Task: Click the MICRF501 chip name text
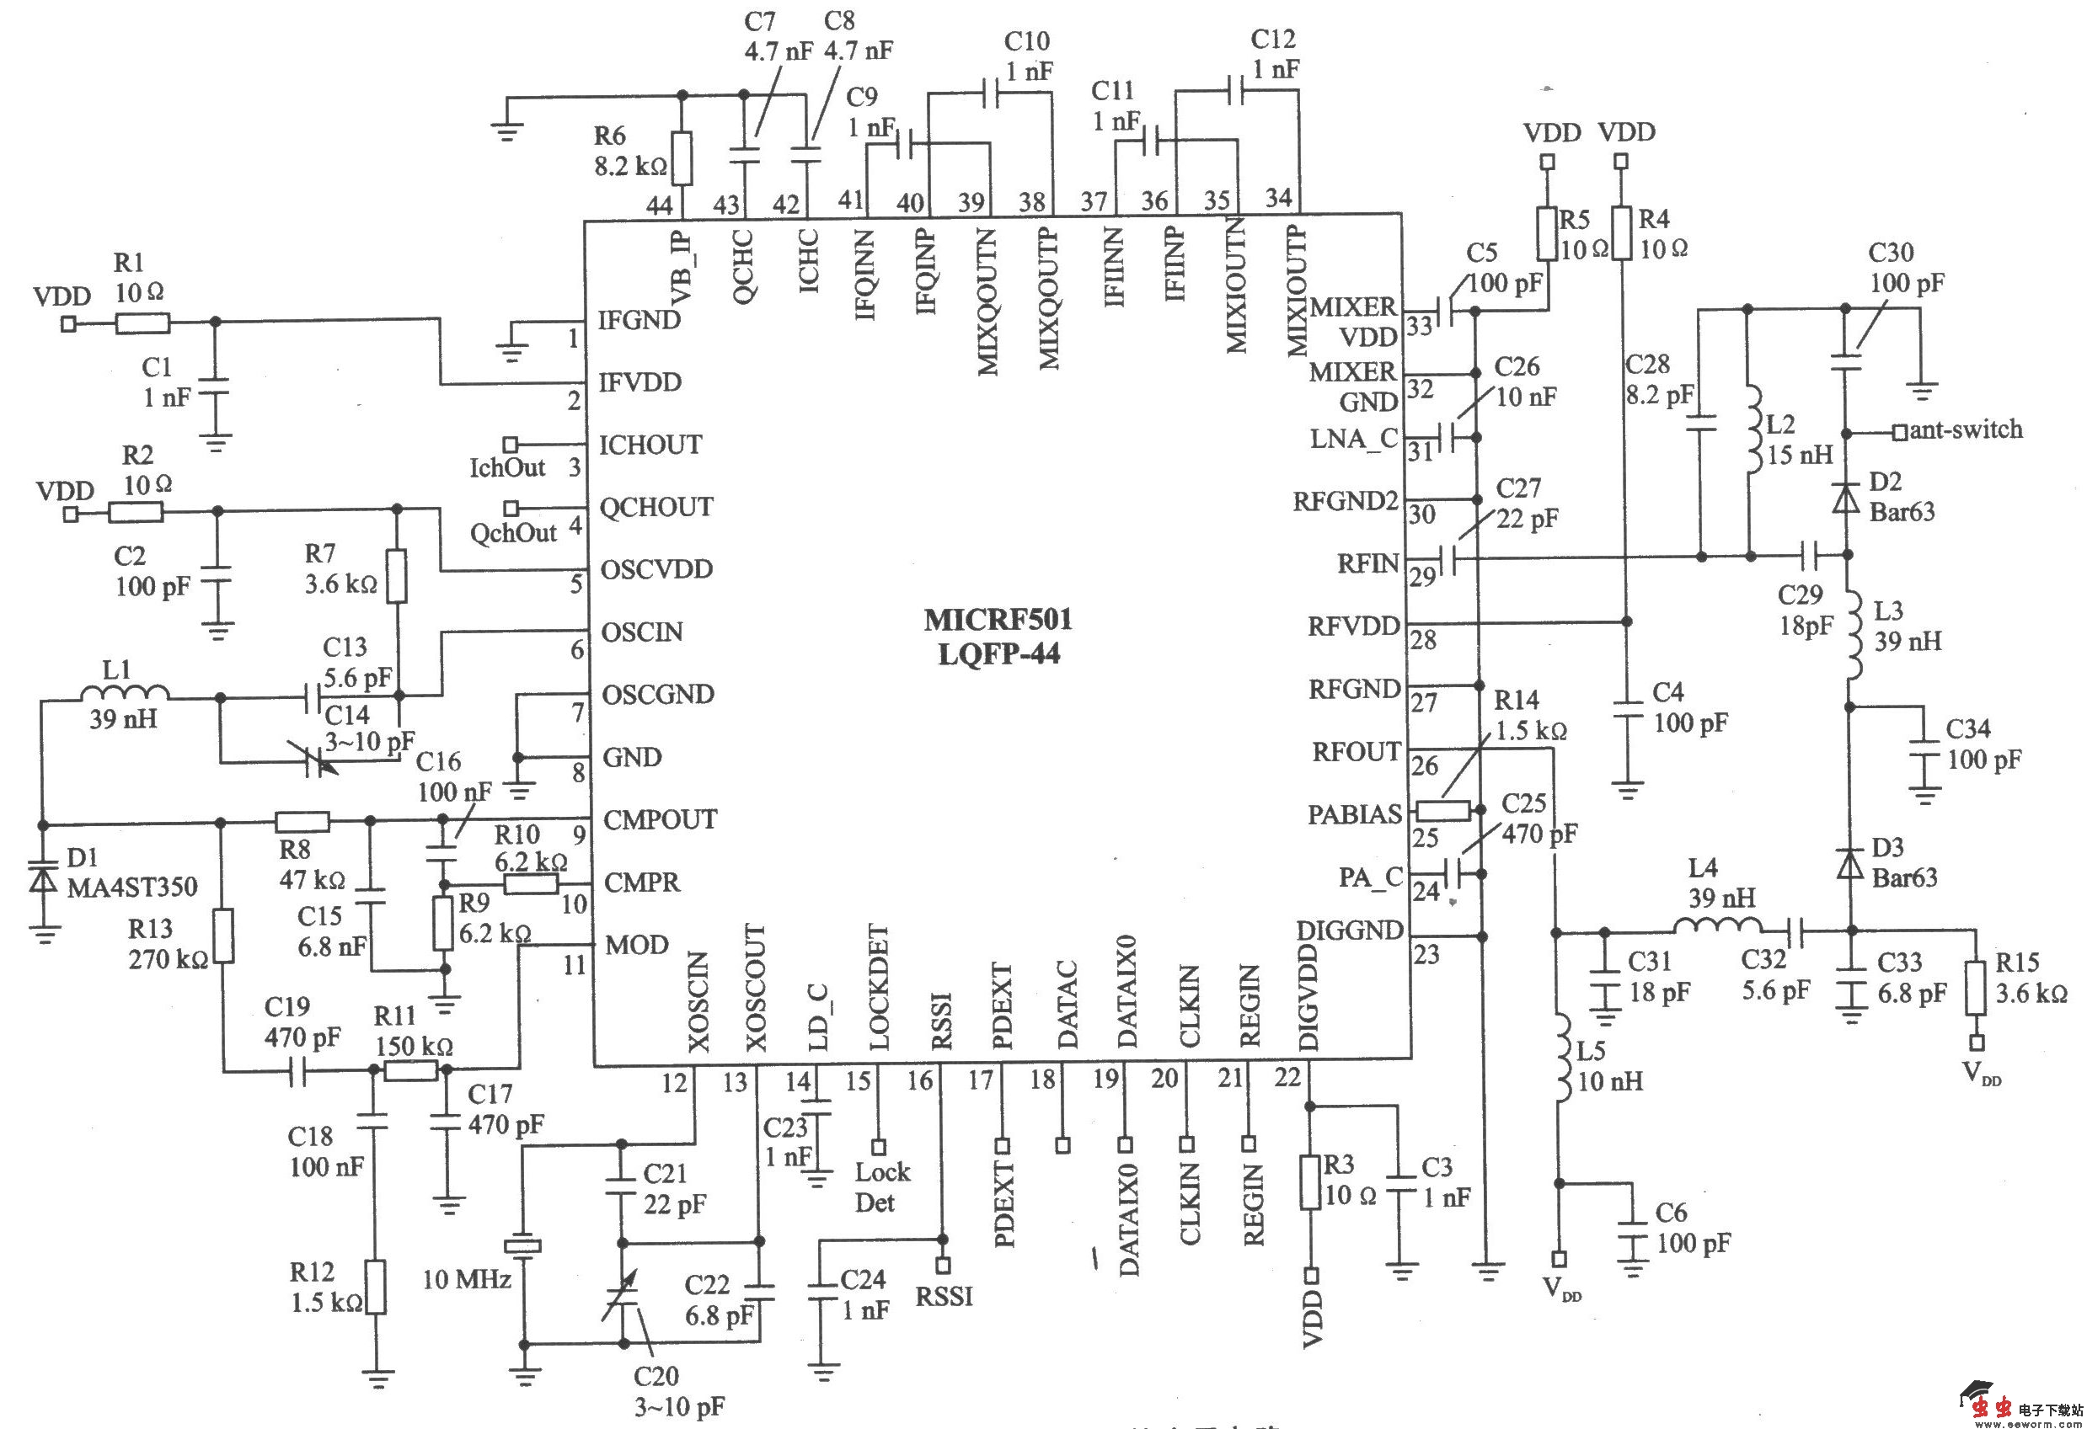point(998,621)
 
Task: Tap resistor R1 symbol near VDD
point(142,323)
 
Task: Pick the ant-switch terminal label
point(1965,430)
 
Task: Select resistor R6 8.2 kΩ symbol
point(682,158)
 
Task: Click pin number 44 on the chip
point(658,205)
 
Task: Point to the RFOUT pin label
point(1356,752)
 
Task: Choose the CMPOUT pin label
point(660,819)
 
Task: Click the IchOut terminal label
point(507,467)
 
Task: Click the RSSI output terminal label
point(944,1296)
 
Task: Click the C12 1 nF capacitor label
point(1274,54)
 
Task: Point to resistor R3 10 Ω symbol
point(1310,1183)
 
